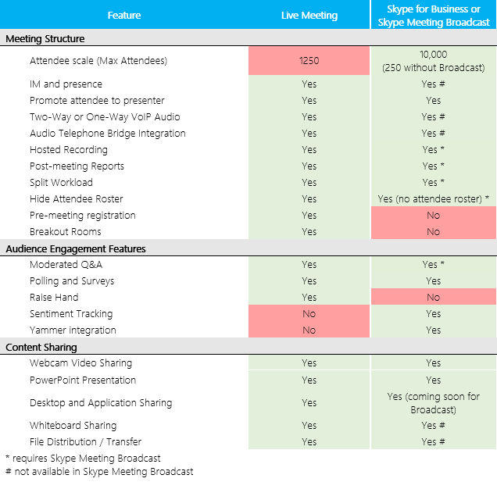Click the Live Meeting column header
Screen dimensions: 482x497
click(x=309, y=15)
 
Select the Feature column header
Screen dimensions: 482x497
click(x=124, y=15)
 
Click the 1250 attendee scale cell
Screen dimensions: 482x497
click(x=309, y=60)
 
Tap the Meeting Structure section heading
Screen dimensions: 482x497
click(x=45, y=38)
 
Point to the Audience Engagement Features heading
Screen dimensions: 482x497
click(x=77, y=248)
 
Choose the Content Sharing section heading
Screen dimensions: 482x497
click(x=41, y=347)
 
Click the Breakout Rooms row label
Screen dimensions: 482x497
click(x=66, y=232)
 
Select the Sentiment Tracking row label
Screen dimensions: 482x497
click(x=71, y=314)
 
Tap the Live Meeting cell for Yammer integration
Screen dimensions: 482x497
click(x=309, y=330)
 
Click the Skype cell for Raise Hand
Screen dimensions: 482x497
click(x=433, y=298)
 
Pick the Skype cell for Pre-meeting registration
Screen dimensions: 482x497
click(x=433, y=216)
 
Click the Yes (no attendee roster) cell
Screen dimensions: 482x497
click(x=433, y=199)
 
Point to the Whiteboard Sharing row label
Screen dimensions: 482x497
click(x=73, y=426)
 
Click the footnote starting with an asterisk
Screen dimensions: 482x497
click(x=83, y=459)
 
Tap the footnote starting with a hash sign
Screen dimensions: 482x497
click(x=98, y=472)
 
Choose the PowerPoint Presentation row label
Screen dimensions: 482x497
click(x=83, y=380)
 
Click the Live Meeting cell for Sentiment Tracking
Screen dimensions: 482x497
click(x=309, y=314)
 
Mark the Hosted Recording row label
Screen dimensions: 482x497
click(x=69, y=150)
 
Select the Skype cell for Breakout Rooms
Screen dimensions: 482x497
click(x=433, y=232)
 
